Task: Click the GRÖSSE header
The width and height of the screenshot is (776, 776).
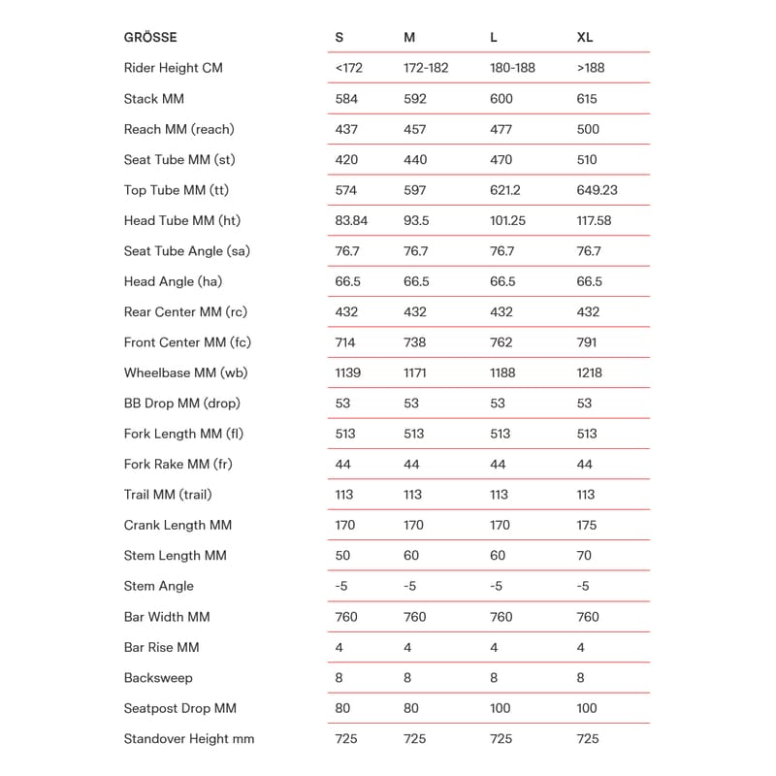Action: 150,38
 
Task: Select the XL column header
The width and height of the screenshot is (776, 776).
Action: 585,38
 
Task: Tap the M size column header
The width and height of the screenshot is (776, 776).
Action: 409,38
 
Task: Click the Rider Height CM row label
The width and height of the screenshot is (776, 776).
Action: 174,68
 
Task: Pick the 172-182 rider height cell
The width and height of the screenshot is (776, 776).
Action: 427,68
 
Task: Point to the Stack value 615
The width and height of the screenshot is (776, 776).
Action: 587,99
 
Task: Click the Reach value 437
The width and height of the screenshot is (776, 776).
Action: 346,129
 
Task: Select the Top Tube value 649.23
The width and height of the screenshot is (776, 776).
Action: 597,190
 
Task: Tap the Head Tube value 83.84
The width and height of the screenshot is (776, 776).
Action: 351,220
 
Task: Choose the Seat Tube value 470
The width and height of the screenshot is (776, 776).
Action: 501,160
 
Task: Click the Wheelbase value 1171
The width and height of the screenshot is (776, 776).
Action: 419,372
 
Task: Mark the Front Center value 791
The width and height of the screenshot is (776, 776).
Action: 587,342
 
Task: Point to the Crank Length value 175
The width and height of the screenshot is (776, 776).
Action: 587,525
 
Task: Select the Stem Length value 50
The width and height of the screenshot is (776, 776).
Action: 343,556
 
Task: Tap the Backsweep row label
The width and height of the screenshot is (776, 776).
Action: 158,678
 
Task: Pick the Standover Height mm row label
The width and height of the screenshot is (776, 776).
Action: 189,739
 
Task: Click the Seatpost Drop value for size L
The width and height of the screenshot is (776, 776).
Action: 501,708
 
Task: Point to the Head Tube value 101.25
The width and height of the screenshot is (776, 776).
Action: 507,220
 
